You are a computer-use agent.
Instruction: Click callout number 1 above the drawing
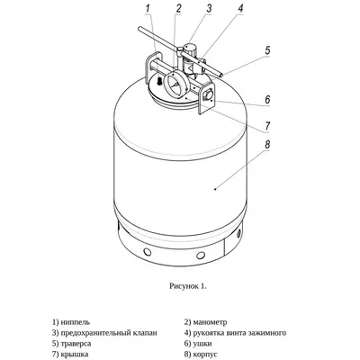147,8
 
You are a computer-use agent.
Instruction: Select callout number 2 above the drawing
179,8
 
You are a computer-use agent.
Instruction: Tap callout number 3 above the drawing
209,8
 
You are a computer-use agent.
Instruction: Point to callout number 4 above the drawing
240,8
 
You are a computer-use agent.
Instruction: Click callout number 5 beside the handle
267,50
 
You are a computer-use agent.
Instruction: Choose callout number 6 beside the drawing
267,99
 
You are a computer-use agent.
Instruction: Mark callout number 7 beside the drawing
267,126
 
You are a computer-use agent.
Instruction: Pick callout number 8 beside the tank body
267,145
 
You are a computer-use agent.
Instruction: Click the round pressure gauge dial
175,84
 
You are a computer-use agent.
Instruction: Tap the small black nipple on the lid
159,80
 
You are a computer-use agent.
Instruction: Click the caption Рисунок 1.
188,286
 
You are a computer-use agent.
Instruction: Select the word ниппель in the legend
75,322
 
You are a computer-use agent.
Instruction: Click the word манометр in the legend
210,322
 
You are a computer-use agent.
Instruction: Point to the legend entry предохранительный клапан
109,333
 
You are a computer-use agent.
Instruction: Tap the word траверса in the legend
76,344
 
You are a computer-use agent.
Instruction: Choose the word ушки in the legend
202,344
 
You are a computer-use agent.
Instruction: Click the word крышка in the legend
75,355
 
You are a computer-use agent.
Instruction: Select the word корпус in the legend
205,355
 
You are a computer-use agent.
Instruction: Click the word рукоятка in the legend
208,333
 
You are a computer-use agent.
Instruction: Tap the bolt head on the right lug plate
207,95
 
